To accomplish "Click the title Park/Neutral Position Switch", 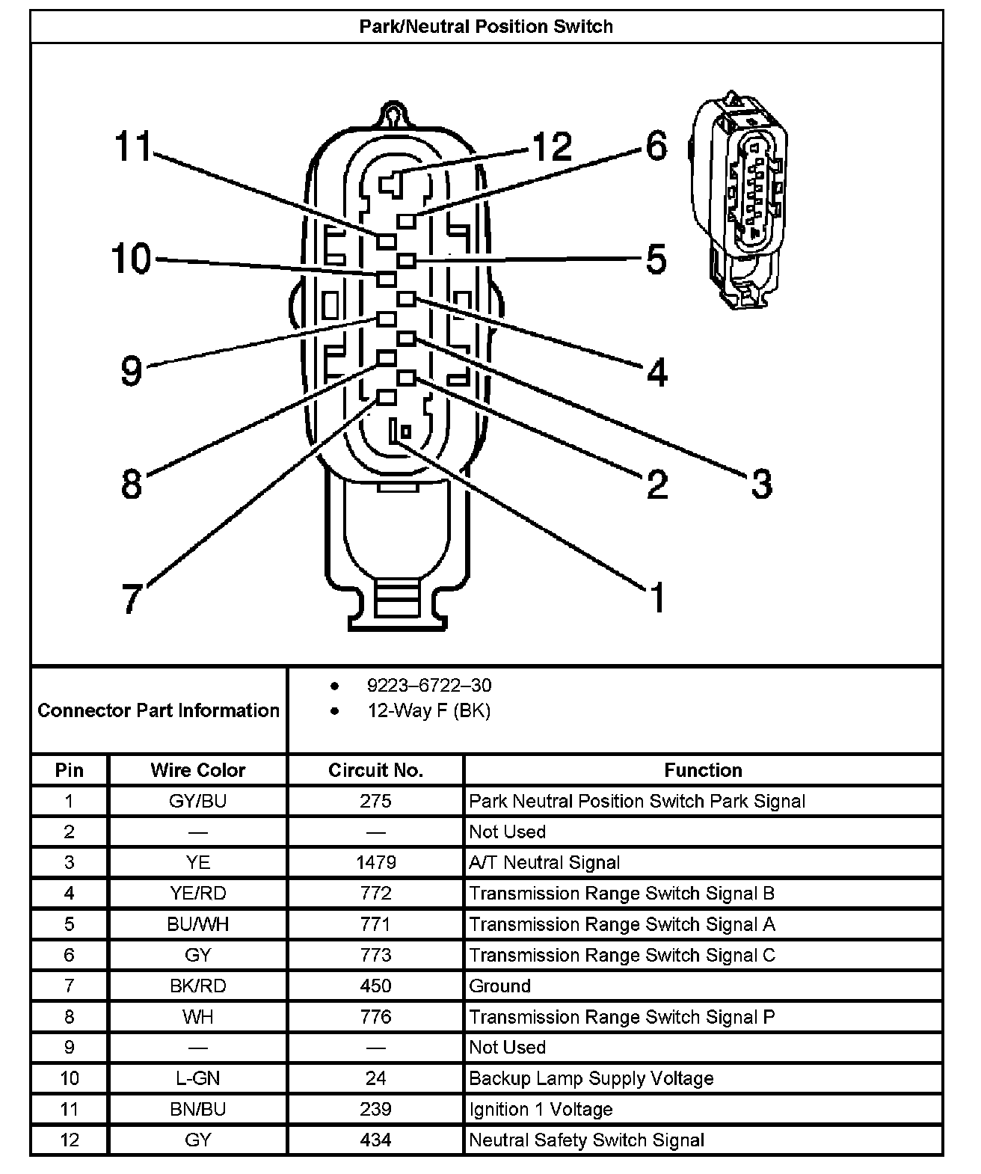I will tap(486, 27).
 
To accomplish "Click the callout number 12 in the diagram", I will tap(552, 147).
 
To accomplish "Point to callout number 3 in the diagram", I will tap(761, 484).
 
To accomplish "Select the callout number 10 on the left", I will tap(132, 259).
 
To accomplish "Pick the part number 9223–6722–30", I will tap(429, 686).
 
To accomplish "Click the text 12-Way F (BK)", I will tap(429, 710).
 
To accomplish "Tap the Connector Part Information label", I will tap(159, 710).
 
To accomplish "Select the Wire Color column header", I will tap(197, 770).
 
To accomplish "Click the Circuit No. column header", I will tap(375, 770).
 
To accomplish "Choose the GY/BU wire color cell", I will tap(197, 802).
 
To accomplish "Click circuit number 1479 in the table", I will tap(375, 863).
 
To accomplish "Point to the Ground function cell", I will tap(499, 986).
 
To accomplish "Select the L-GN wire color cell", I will tap(197, 1078).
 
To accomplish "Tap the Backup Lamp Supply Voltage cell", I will tap(591, 1078).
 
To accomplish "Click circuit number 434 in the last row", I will tap(375, 1140).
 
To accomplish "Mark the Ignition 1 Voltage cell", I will tap(541, 1110).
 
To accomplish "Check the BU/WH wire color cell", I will tap(197, 925).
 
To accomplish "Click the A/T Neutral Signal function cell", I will tap(544, 863).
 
